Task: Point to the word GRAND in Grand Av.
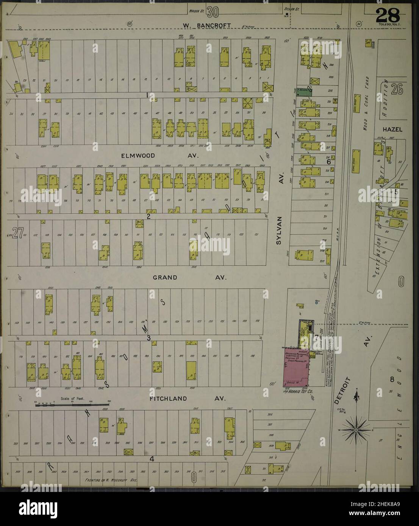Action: [x=165, y=277]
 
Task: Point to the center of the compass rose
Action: [x=356, y=430]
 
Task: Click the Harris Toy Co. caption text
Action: [x=299, y=392]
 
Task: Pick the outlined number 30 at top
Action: [x=212, y=13]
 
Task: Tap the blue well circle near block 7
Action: [x=316, y=302]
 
